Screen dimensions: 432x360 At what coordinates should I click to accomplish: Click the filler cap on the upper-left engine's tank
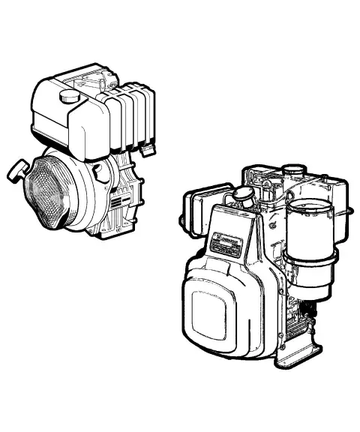(x=70, y=96)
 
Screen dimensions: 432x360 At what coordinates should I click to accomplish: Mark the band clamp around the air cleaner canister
(x=307, y=263)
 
